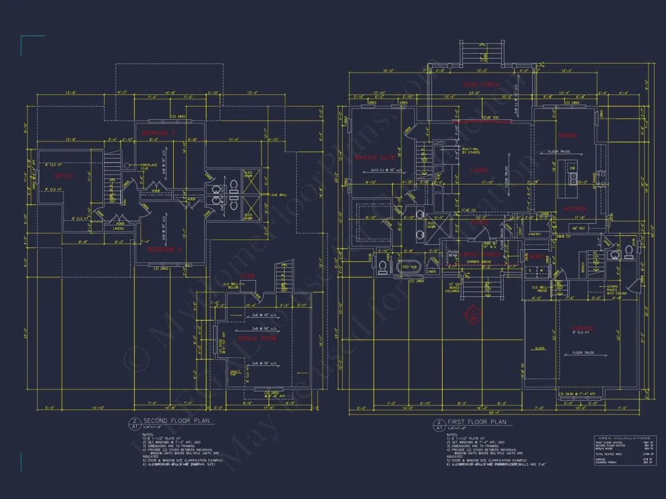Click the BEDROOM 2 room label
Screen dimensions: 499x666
(x=158, y=132)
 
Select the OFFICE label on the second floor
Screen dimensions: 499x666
(x=64, y=177)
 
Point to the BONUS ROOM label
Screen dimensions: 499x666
(x=257, y=338)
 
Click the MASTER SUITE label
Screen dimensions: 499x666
(x=375, y=157)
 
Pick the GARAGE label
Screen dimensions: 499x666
(x=582, y=328)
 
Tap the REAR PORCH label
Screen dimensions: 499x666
(x=481, y=85)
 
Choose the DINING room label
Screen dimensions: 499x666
(x=567, y=135)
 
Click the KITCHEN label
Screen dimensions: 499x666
(x=574, y=209)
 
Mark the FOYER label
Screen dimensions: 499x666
(x=480, y=223)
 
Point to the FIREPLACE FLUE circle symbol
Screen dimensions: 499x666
(x=127, y=165)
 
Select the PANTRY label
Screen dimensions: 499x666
(x=535, y=233)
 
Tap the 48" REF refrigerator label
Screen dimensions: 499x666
(x=577, y=228)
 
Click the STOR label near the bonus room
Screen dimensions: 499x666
(x=248, y=277)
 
